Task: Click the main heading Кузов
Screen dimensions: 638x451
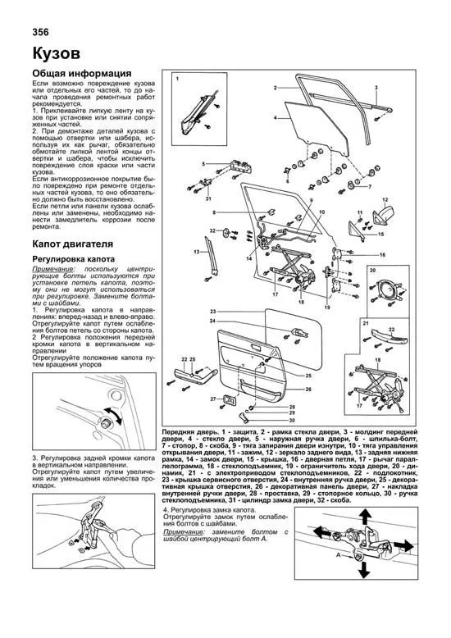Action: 56,54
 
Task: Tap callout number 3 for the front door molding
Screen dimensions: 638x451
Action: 376,87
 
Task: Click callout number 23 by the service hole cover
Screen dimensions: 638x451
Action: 212,312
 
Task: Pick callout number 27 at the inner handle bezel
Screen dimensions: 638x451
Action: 212,399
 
